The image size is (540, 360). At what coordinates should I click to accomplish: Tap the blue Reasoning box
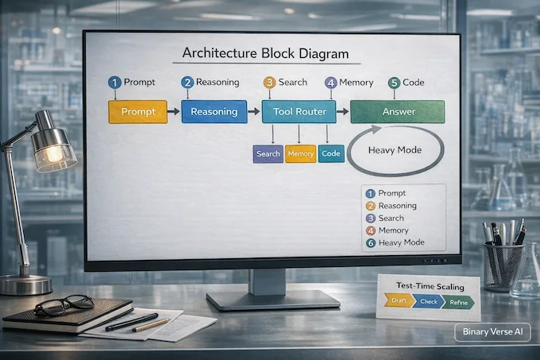coord(214,111)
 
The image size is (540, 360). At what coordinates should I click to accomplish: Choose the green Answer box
coord(397,111)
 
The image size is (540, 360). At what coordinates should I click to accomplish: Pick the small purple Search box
coord(268,153)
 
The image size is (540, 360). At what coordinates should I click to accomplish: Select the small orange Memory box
coord(300,153)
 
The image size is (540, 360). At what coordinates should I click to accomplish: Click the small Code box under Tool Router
coord(330,153)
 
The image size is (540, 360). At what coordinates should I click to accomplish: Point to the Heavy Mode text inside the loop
coord(395,150)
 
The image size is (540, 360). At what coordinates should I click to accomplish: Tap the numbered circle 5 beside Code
coord(392,82)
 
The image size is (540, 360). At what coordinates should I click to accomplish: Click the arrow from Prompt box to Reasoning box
coord(173,111)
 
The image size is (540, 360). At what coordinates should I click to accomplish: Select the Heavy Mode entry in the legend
coord(401,242)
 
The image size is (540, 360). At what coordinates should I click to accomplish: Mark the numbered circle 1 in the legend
coord(369,193)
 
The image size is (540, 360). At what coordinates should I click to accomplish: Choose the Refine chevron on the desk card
coord(457,301)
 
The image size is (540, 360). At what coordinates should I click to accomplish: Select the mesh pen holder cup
coord(503,267)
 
